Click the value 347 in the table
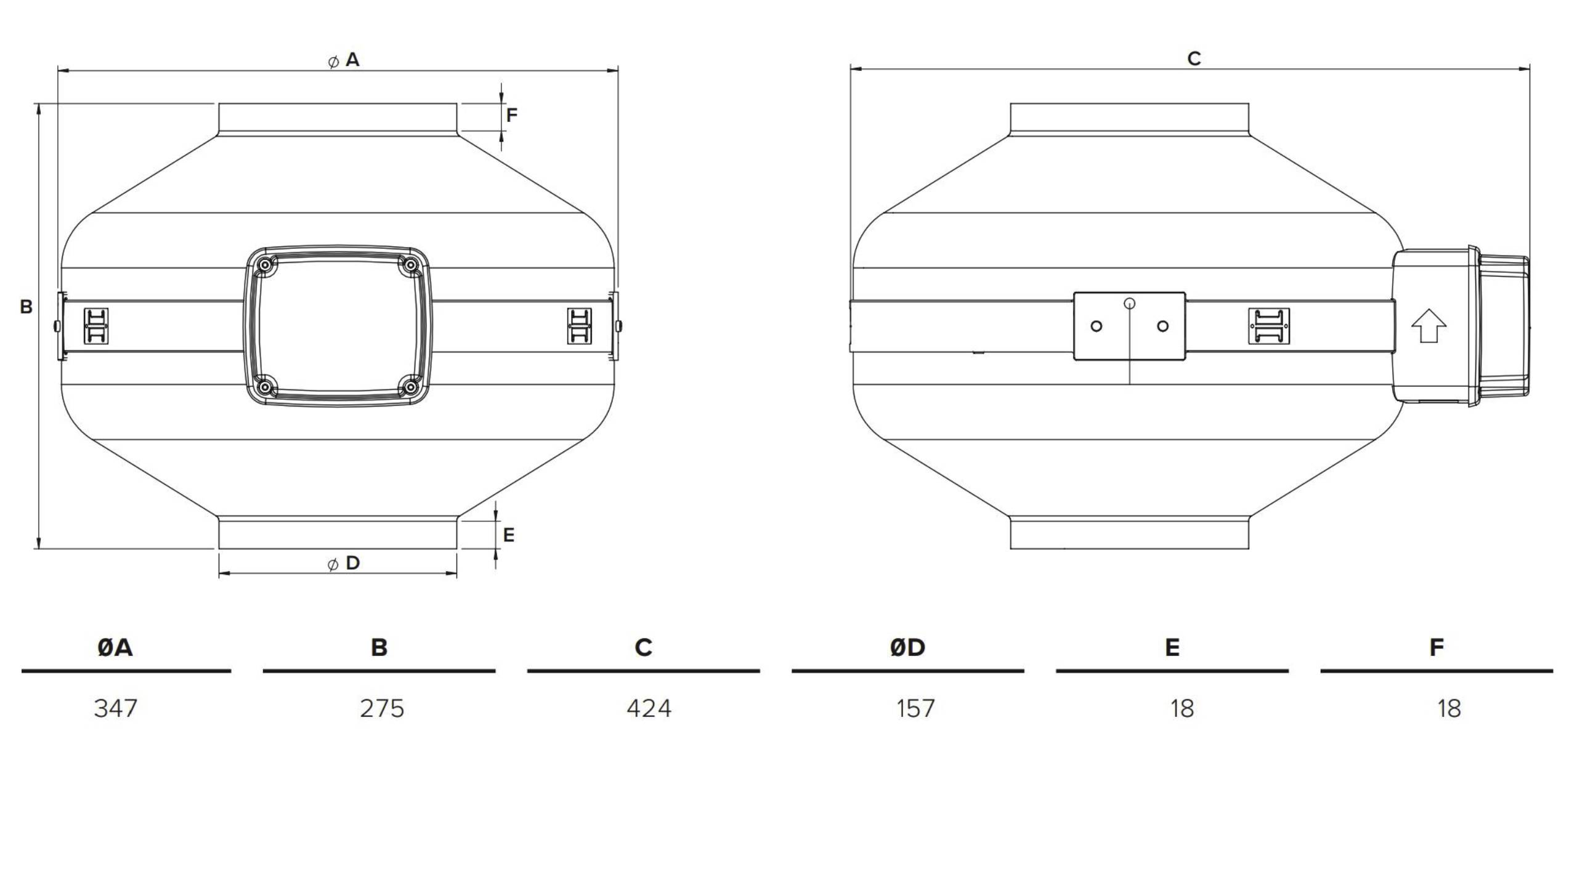coord(115,708)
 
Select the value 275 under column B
coord(382,708)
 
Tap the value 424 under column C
coord(649,708)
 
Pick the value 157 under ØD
coord(915,708)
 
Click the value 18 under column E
coord(1182,708)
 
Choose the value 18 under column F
coord(1449,708)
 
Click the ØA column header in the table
coord(115,647)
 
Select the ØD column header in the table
coord(907,647)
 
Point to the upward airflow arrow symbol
coord(1429,326)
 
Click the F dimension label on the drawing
coord(512,115)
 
